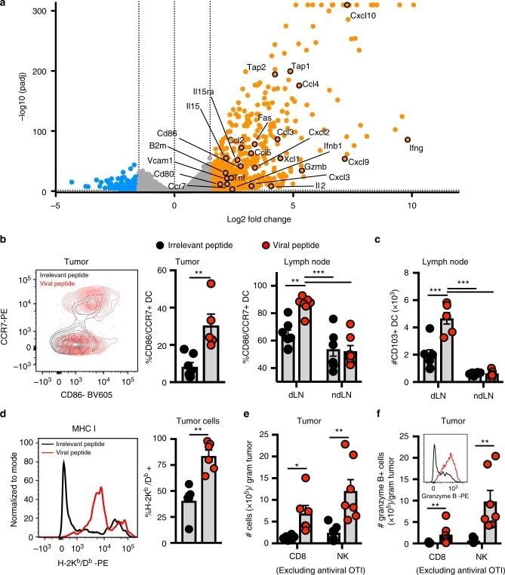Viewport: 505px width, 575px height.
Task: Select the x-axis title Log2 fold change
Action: click(x=235, y=219)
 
